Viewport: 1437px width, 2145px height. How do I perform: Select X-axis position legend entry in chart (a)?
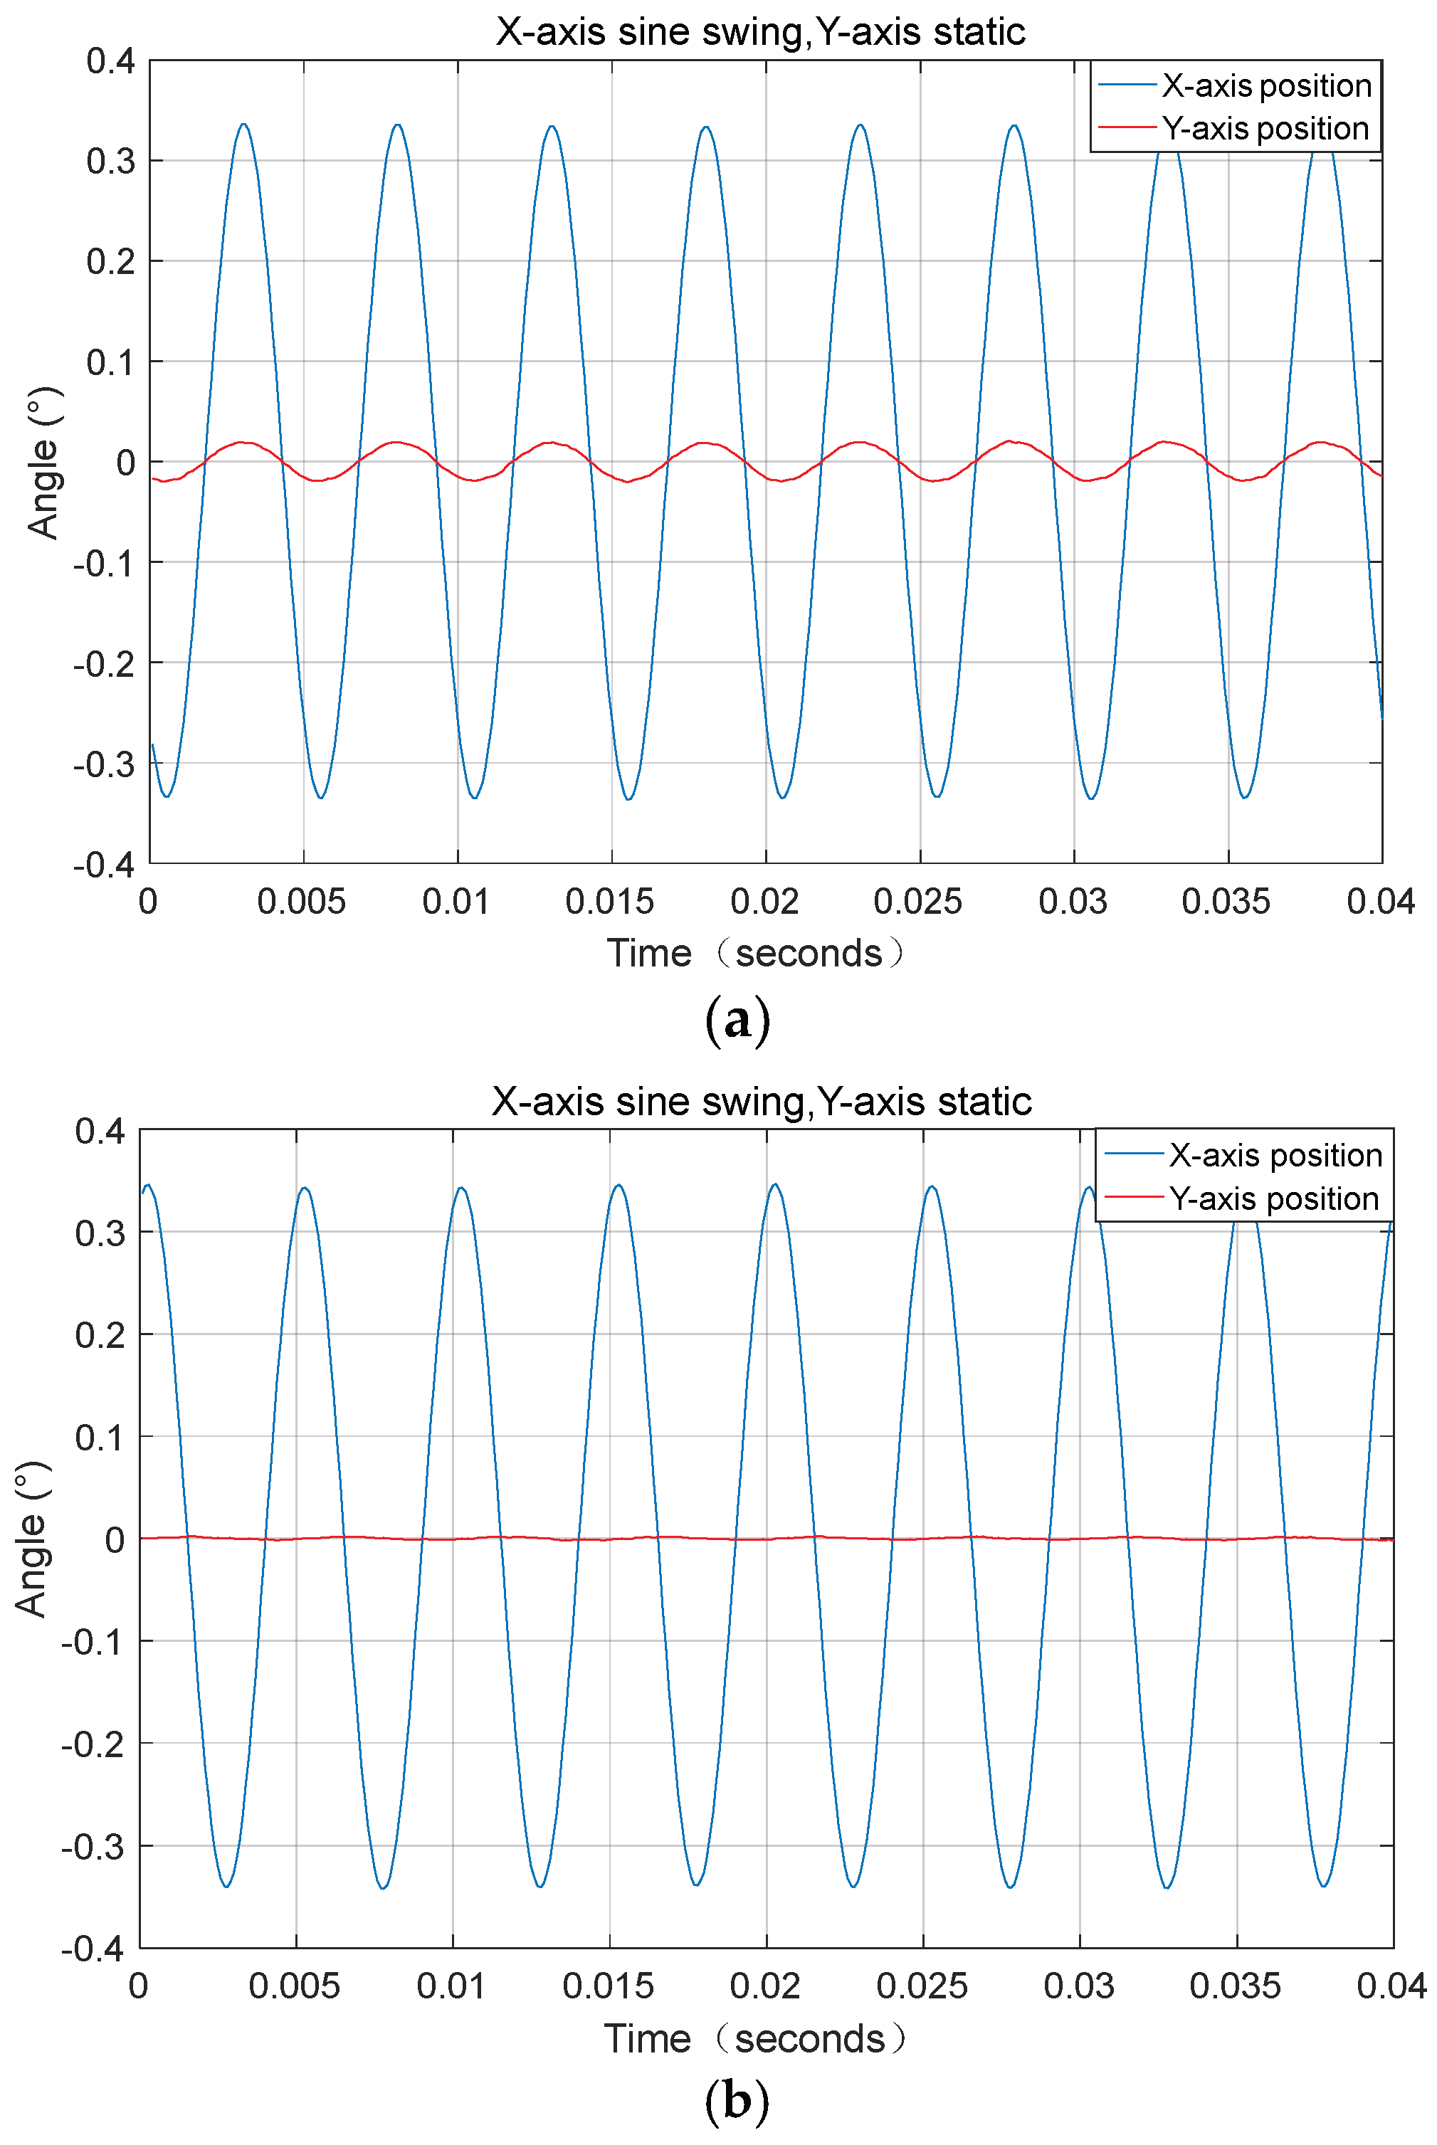pos(1265,86)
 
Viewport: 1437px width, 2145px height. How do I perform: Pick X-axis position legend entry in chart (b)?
pos(1275,1156)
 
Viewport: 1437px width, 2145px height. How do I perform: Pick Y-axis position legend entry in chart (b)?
pos(1273,1199)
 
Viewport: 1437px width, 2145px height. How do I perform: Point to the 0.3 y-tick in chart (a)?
pos(111,162)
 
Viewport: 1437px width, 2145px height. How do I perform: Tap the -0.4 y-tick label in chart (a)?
pos(105,864)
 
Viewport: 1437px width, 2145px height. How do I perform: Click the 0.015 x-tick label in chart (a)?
pos(609,902)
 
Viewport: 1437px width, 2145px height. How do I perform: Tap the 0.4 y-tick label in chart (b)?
pos(100,1132)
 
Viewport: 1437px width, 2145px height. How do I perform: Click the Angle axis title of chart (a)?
pos(43,463)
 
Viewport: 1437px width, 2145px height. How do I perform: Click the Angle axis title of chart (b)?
pos(31,1539)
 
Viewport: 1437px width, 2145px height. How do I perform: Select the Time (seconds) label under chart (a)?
pos(756,953)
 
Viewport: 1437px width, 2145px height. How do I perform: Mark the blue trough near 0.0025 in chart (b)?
pos(226,1887)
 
